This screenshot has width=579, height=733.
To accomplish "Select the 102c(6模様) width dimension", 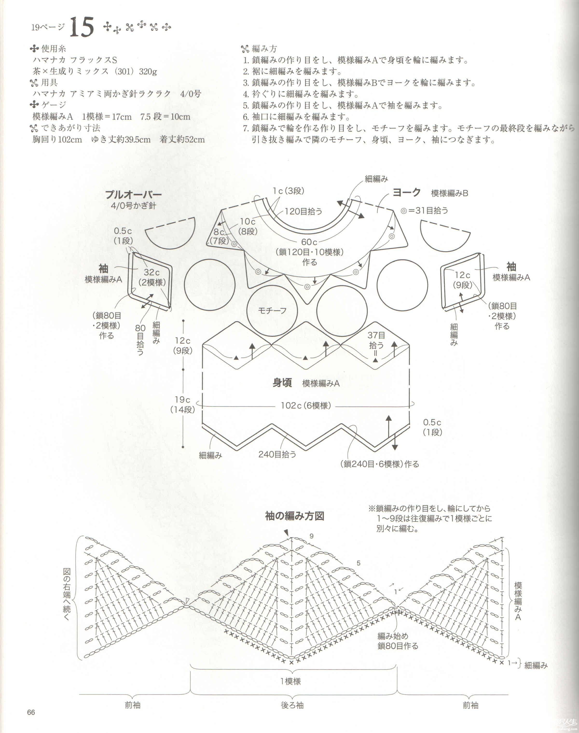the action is tap(306, 406).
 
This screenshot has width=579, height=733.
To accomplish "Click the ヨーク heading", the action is tap(407, 193).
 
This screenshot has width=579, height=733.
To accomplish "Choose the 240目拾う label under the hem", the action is tap(277, 454).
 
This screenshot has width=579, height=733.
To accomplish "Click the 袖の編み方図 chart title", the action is tap(295, 516).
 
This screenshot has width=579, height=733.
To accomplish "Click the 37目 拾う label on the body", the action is tap(376, 340).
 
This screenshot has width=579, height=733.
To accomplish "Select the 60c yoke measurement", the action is tap(309, 242).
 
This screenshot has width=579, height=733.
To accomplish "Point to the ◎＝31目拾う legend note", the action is tap(424, 211).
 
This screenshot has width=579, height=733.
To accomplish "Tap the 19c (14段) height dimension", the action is tap(183, 404).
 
